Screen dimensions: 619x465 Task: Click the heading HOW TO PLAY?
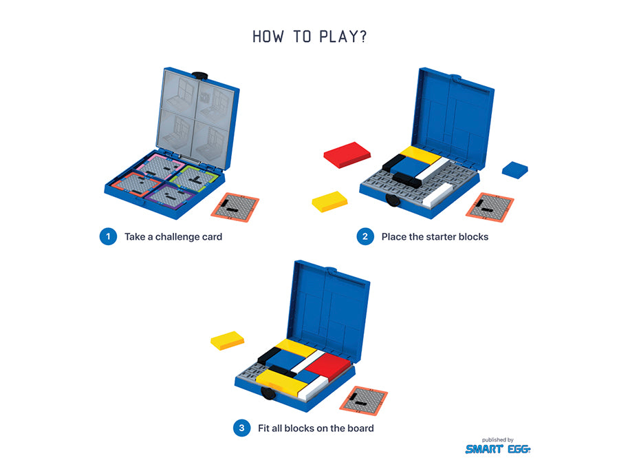coord(310,37)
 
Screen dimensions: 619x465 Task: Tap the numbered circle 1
coord(108,236)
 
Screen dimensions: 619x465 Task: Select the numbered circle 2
coord(365,236)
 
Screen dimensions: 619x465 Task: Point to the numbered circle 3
coord(241,428)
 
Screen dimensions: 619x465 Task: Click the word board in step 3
coord(360,428)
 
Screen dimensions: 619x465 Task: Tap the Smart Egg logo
coord(498,448)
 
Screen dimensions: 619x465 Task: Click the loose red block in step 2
coord(347,154)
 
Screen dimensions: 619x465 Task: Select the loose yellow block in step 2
coord(329,202)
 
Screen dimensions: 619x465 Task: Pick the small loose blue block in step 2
coord(514,169)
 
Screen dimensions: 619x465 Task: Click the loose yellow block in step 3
coord(228,340)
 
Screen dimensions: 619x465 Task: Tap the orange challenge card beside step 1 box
coord(235,207)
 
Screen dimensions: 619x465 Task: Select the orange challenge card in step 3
coord(364,400)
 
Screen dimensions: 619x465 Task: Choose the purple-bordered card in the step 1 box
coord(170,196)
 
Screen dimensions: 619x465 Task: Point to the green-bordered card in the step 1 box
coord(194,178)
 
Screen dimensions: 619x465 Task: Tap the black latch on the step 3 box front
coord(268,393)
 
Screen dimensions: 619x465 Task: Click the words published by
coord(497,440)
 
